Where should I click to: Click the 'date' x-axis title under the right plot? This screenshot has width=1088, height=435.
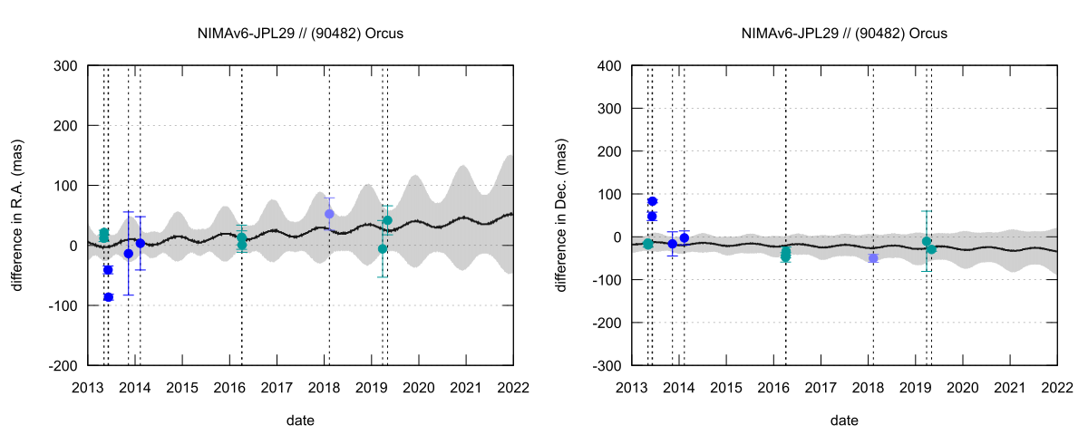click(844, 420)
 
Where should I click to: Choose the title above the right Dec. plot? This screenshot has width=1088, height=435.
click(844, 34)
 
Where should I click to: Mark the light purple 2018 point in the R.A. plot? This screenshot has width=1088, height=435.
click(329, 214)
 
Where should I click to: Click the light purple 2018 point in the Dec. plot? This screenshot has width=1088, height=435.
click(873, 258)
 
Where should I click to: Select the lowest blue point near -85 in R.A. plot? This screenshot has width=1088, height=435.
click(108, 297)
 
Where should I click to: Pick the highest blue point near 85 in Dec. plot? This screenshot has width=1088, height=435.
click(652, 201)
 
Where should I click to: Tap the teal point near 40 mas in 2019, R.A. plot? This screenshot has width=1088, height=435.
click(387, 220)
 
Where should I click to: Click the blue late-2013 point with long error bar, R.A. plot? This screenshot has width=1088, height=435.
click(129, 254)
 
